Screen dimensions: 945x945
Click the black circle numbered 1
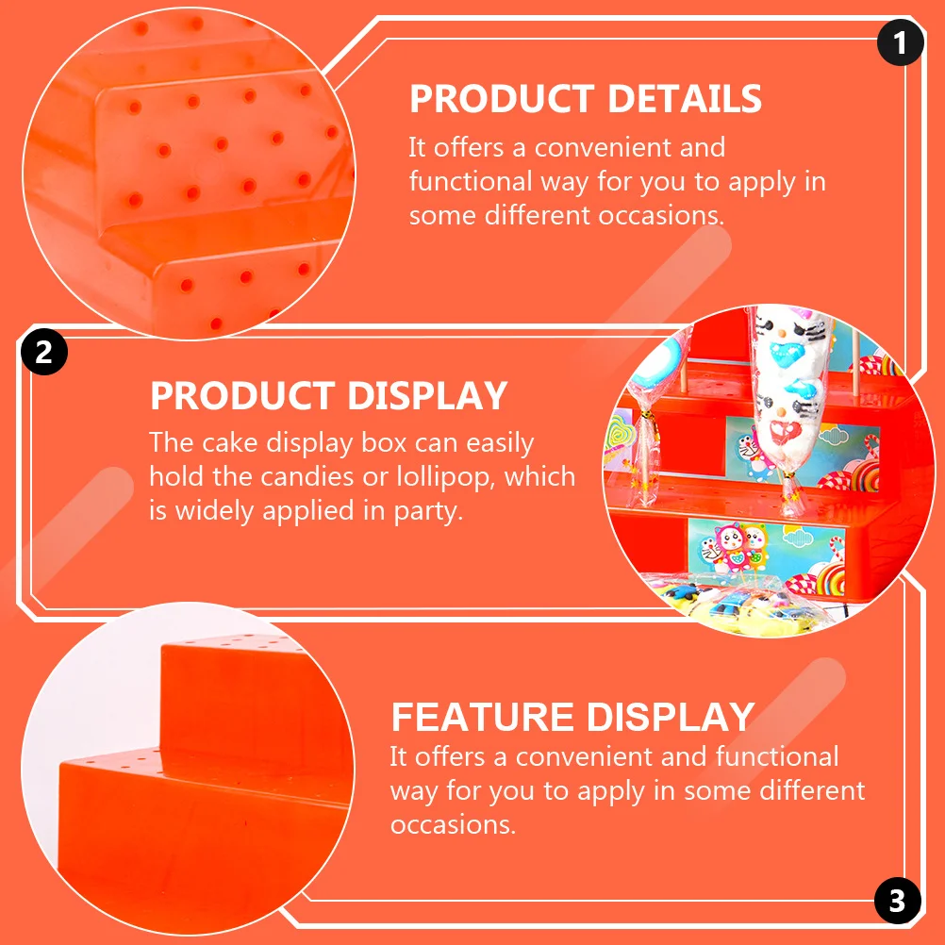[x=900, y=42]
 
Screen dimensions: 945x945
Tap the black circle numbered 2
[x=43, y=353]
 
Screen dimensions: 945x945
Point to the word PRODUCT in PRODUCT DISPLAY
[x=237, y=396]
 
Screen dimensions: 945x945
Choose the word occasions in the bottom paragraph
[x=453, y=825]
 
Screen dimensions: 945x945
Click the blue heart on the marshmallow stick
[x=787, y=354]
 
